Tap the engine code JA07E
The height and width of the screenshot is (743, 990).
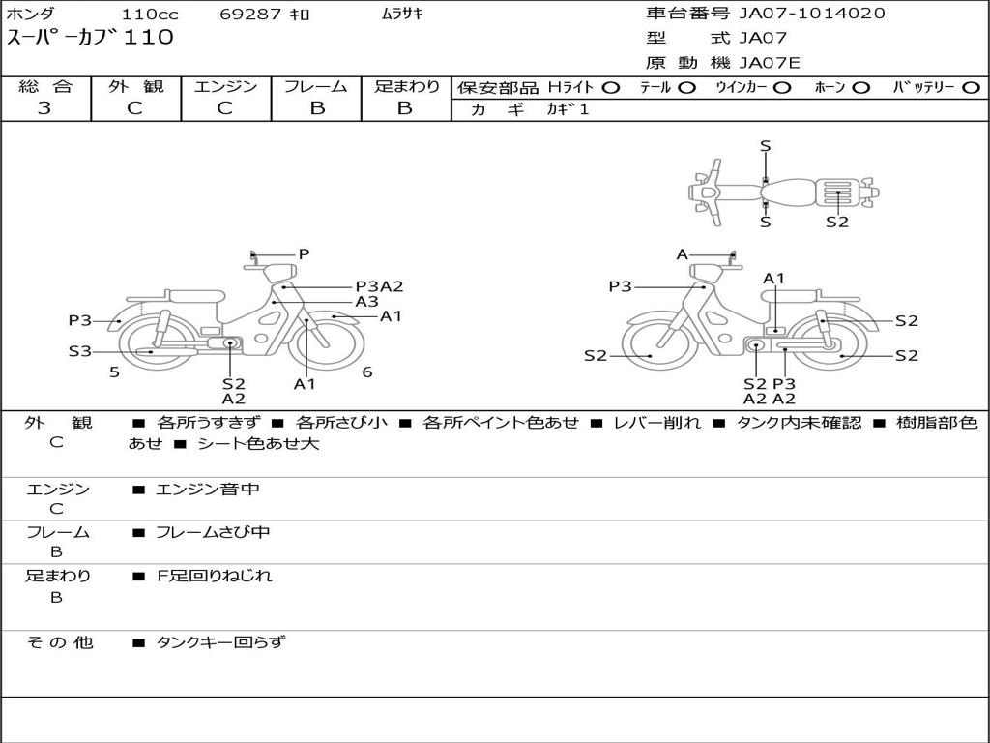[770, 63]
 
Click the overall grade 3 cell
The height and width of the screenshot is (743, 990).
[44, 108]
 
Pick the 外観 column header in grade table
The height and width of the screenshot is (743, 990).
[135, 86]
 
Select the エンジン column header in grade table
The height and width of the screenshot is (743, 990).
[225, 86]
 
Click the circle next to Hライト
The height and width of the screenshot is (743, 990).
[611, 87]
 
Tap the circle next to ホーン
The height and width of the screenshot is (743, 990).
[862, 87]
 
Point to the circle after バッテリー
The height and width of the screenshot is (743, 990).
[971, 87]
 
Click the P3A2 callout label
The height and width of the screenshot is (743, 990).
[379, 286]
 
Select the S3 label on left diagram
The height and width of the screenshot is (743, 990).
[79, 352]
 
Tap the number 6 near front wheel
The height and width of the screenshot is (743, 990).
[367, 371]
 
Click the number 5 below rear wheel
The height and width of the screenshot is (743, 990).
[114, 371]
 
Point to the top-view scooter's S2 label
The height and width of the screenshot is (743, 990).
[837, 222]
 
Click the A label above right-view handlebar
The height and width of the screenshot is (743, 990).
[683, 254]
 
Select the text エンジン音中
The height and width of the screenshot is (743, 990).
[208, 490]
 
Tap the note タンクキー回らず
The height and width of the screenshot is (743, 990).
[220, 641]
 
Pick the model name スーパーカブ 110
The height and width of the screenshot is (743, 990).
[91, 39]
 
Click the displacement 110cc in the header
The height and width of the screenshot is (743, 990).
[150, 15]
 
